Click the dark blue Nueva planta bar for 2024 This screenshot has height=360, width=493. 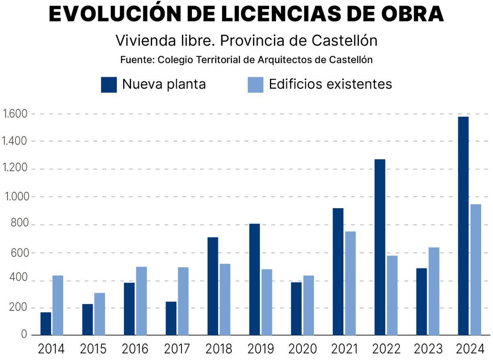pos(463,226)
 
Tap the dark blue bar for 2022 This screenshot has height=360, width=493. pos(380,247)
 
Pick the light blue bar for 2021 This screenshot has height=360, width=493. pos(350,283)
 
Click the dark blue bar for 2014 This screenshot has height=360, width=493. pos(46,323)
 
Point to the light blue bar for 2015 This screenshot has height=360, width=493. pos(99,314)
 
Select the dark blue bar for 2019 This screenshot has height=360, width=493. pos(255,279)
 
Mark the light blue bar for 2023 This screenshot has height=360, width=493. pos(434,291)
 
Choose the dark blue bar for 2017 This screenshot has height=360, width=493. pos(171,318)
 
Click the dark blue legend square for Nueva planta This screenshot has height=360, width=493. pos(109,85)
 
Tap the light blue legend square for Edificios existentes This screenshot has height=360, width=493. pos(255,85)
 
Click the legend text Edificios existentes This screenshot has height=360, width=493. pos(330,84)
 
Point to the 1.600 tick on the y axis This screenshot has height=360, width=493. pos(15,114)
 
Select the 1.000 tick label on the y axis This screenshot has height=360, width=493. pos(15,197)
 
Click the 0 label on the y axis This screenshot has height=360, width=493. pos(24,335)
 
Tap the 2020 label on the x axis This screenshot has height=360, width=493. pos(303,349)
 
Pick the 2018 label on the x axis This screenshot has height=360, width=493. pos(219,349)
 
